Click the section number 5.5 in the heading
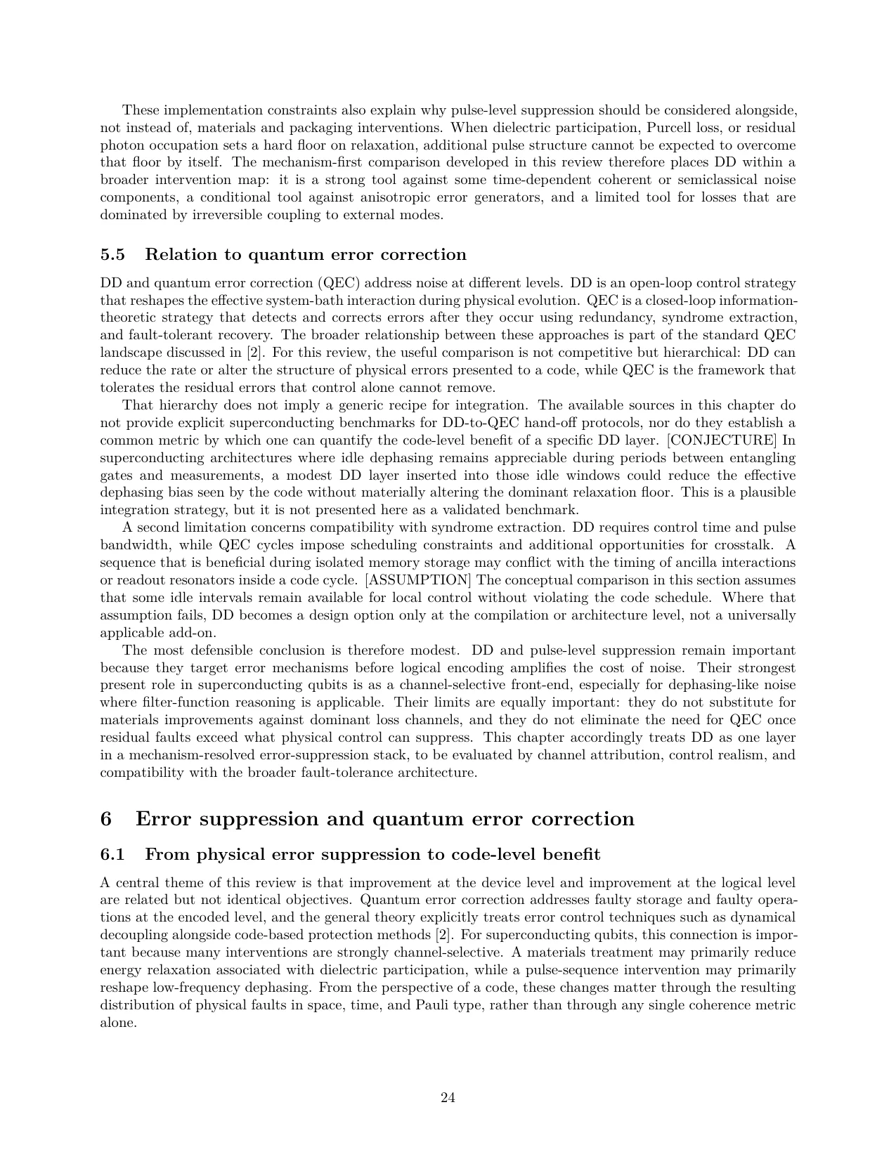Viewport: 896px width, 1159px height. pyautogui.click(x=113, y=254)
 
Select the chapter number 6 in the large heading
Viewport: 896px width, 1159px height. pyautogui.click(x=107, y=819)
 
